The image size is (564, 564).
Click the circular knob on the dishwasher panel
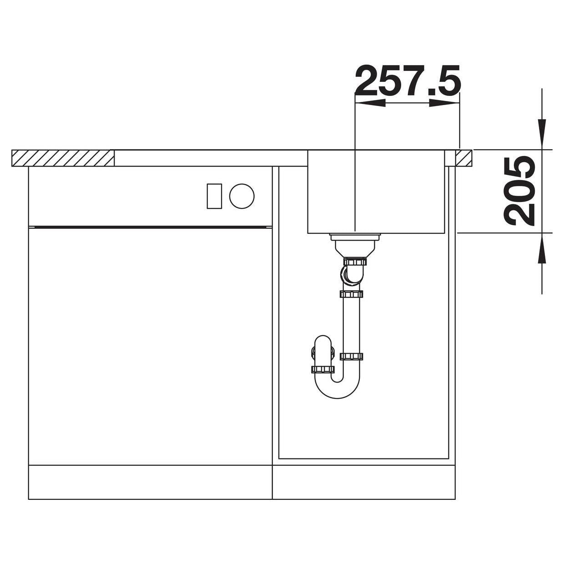point(242,196)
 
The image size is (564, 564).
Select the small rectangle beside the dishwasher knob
point(214,196)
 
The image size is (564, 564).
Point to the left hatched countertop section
point(63,158)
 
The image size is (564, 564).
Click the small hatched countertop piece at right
point(463,158)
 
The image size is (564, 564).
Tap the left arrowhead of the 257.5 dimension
point(370,103)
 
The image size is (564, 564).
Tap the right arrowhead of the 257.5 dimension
point(444,103)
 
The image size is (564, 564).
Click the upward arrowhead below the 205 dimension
point(542,248)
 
